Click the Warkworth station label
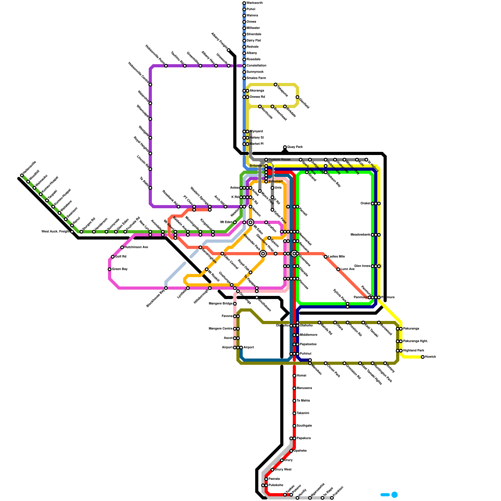click(x=255, y=3)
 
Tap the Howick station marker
click(x=423, y=357)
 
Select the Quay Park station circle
click(x=285, y=147)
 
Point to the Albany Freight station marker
click(x=229, y=50)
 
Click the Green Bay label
click(x=120, y=269)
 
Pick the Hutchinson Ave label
click(x=136, y=247)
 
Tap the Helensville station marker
click(x=22, y=175)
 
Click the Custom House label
click(x=279, y=160)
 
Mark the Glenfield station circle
click(x=297, y=97)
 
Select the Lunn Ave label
click(x=348, y=269)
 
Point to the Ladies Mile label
click(x=337, y=257)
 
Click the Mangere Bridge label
click(x=220, y=304)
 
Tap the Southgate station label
click(x=304, y=426)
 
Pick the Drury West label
click(x=283, y=470)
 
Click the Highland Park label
click(x=414, y=351)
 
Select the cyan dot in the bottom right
click(x=395, y=495)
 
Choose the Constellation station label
click(x=256, y=66)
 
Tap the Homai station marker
click(x=294, y=376)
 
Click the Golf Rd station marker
click(x=113, y=257)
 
